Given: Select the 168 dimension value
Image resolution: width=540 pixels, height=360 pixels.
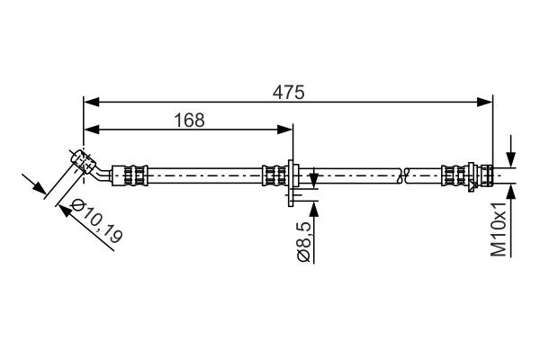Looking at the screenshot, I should point(188,119).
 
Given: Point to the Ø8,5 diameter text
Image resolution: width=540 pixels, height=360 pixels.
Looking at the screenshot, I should point(303,242).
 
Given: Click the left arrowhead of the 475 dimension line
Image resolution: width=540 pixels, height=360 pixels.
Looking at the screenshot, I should point(89,101).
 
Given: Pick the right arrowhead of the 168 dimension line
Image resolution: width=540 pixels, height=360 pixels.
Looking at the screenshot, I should point(287,129).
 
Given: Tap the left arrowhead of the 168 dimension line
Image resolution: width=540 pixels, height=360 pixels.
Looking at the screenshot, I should point(89,129).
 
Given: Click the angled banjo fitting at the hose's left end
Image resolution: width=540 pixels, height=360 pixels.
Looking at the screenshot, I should point(83,161).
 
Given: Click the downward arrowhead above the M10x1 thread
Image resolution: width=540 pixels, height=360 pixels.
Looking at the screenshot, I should point(511,158).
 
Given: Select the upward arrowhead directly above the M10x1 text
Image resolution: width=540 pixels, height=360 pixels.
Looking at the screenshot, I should point(511,188).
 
